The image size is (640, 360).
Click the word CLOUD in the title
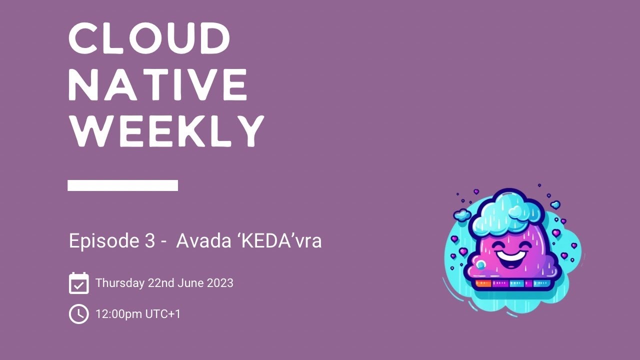pyautogui.click(x=149, y=39)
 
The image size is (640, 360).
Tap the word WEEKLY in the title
pyautogui.click(x=166, y=131)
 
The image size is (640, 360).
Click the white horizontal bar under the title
pyautogui.click(x=122, y=185)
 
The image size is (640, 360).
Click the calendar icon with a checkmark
pyautogui.click(x=78, y=283)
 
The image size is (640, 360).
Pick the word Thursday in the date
pyautogui.click(x=119, y=283)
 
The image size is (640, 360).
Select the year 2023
pyautogui.click(x=220, y=283)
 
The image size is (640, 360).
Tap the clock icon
pyautogui.click(x=78, y=314)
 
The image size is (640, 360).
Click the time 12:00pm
pyautogui.click(x=118, y=314)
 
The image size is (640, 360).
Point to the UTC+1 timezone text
pyautogui.click(x=163, y=314)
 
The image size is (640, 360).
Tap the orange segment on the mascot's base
pyautogui.click(x=483, y=283)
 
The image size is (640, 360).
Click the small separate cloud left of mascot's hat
pyautogui.click(x=462, y=215)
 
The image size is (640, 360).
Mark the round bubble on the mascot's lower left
pyautogui.click(x=480, y=265)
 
